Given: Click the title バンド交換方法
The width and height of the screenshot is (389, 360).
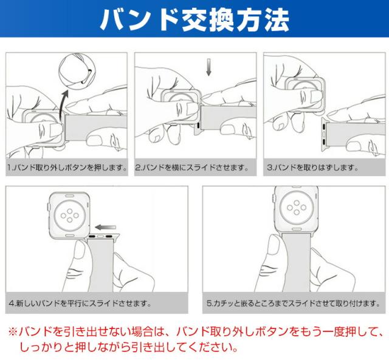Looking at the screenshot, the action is coord(194,20).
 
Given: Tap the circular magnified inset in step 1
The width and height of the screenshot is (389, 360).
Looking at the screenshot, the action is coord(77,72).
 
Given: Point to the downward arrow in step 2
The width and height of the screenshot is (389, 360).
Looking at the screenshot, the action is coord(209,67).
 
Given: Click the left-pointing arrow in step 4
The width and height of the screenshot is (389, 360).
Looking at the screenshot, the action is coord(105,227).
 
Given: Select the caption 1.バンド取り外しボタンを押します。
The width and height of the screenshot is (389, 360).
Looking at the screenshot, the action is coord(67,168).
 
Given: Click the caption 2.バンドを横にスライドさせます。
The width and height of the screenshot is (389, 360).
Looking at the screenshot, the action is coord(191,168).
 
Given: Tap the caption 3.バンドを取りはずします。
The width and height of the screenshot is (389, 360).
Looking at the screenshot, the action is coord(312,168).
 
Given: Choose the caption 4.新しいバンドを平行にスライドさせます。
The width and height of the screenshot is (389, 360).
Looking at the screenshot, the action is coord(80,303).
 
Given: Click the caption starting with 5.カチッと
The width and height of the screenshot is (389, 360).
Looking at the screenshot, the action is coord(293,303).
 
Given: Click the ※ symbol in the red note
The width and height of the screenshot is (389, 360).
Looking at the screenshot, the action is coord(13,331).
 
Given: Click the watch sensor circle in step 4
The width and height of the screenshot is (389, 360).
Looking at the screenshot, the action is coord(70,215).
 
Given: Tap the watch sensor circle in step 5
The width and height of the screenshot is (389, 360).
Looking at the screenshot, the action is coord(297,208).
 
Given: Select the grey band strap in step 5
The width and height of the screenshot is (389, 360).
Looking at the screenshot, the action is coord(296,262).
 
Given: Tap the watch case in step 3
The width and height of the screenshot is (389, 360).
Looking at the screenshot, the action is coord(305,95).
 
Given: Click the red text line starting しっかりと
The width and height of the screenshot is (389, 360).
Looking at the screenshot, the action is coord(128,347).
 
